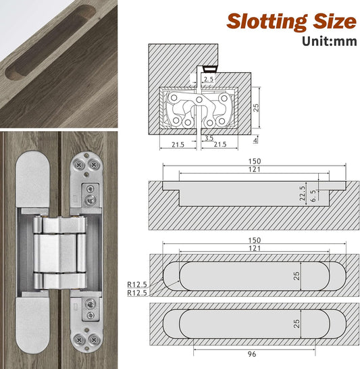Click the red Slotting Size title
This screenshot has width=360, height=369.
pos(290,20)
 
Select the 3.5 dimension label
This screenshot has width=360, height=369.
pos(209,138)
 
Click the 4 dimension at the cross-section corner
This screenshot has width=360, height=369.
pos(255,141)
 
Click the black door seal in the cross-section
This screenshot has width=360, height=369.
pos(208,69)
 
